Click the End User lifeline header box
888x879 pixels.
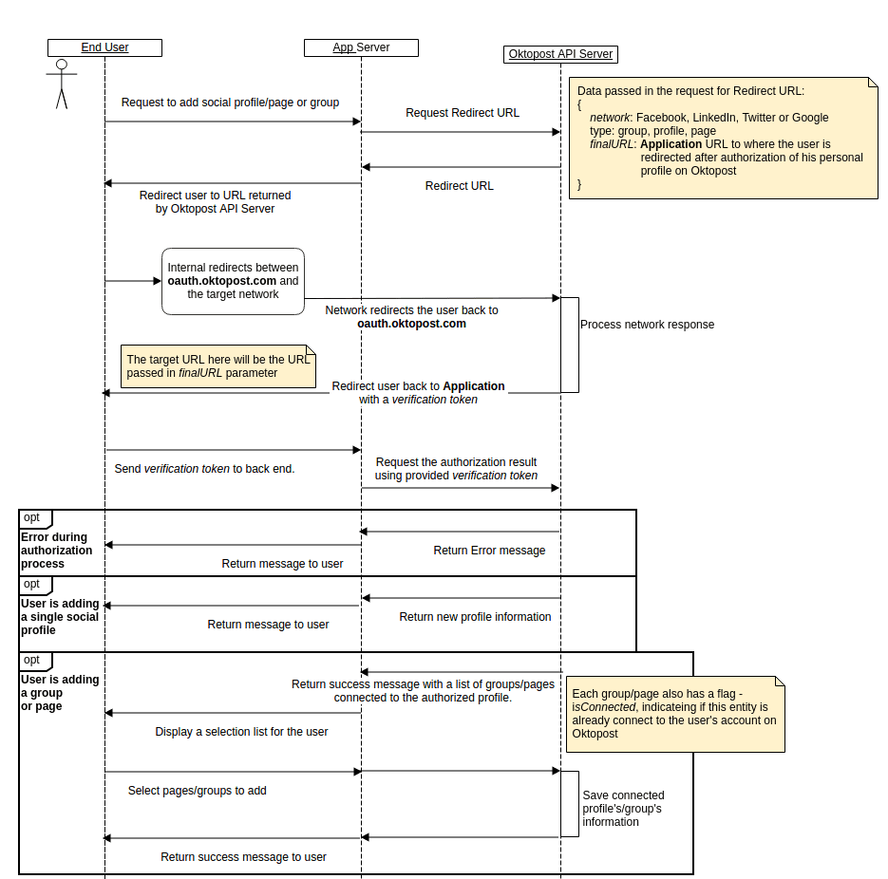click(x=104, y=47)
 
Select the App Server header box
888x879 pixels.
click(x=361, y=47)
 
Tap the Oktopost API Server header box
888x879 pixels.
click(x=560, y=54)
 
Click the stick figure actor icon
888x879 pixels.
click(x=62, y=84)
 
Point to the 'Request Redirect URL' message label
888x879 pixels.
click(x=463, y=112)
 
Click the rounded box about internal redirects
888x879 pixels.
click(x=233, y=281)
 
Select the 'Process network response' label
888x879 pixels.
click(x=647, y=325)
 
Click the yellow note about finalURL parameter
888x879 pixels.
click(x=219, y=366)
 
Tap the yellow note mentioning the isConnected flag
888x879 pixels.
click(x=675, y=714)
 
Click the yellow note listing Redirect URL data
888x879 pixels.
click(x=723, y=138)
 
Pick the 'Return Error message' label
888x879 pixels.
click(x=489, y=551)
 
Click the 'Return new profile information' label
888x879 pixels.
click(x=475, y=617)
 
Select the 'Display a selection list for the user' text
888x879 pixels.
click(x=241, y=732)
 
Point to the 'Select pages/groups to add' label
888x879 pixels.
click(x=197, y=791)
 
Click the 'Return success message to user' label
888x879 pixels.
click(x=243, y=857)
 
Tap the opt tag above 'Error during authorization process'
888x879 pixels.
click(x=33, y=517)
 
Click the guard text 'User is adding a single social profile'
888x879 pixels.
click(x=60, y=617)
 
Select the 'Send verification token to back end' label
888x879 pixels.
click(x=204, y=469)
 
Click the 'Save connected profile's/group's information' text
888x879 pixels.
click(x=623, y=809)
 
